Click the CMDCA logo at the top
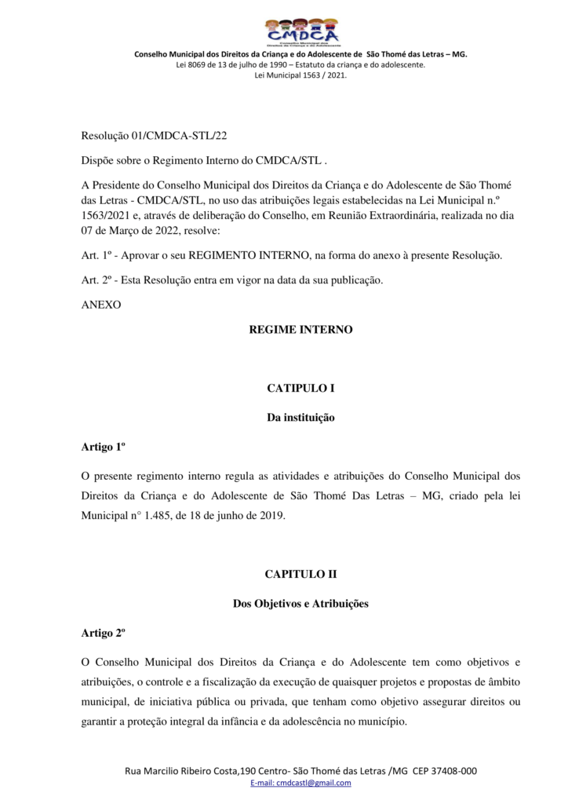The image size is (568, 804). pos(301,32)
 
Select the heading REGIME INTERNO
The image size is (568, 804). pos(300,330)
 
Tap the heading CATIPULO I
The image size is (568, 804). pos(300,388)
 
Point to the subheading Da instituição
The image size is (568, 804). pos(300,418)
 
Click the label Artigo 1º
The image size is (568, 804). pos(104,448)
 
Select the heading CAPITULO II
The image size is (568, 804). pos(300,575)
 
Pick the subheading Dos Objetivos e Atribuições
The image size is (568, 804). pos(300,604)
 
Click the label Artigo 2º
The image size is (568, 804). pos(104,633)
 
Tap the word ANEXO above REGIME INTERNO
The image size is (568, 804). pos(101,304)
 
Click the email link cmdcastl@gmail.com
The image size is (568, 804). pos(314,783)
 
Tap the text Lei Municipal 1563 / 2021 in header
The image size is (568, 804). pos(300,75)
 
